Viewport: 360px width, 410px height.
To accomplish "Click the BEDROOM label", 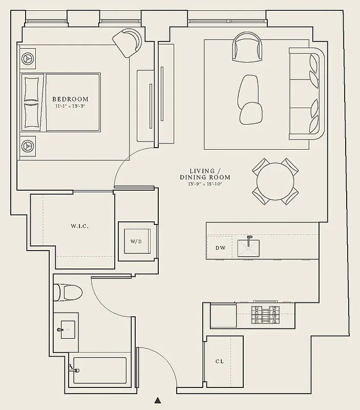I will [71, 99].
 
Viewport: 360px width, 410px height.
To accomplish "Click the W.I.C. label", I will [79, 226].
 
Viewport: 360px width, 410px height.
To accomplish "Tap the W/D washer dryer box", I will [135, 241].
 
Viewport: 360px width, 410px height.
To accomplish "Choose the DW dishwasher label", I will [220, 248].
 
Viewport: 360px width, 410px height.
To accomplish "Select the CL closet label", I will [219, 361].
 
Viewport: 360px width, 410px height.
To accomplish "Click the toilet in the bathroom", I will [68, 293].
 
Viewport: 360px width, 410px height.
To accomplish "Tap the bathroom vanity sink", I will [67, 327].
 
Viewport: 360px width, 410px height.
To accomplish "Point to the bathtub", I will [99, 369].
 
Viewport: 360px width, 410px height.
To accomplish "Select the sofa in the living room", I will [307, 93].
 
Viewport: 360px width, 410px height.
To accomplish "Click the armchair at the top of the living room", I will [248, 47].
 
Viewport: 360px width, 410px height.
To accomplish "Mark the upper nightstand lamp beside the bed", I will [28, 58].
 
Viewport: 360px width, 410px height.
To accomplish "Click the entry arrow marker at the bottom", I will [158, 400].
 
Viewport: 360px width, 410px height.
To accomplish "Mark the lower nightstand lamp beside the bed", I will [28, 146].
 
